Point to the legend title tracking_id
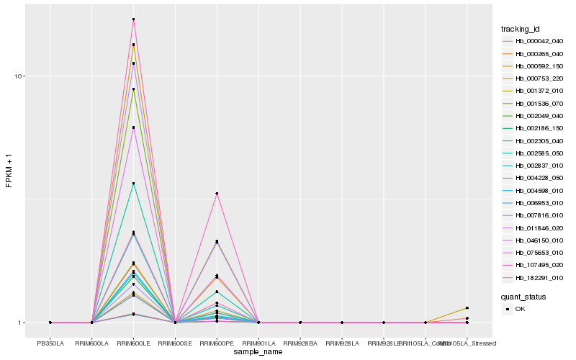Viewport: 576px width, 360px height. (x=521, y=29)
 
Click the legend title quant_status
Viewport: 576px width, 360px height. (x=523, y=296)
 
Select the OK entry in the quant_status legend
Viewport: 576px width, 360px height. (x=520, y=309)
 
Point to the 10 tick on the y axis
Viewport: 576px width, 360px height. (x=20, y=76)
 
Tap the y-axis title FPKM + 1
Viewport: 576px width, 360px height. (x=9, y=171)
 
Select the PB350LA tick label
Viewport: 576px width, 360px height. (x=50, y=343)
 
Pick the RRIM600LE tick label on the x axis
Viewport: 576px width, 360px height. (x=134, y=343)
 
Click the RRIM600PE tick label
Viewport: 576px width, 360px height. (x=217, y=343)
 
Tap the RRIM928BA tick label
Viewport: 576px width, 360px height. (x=300, y=343)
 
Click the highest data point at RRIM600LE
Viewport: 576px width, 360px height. (x=134, y=19)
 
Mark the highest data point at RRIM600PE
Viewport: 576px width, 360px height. (x=217, y=194)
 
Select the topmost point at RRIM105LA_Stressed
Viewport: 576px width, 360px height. (x=467, y=308)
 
